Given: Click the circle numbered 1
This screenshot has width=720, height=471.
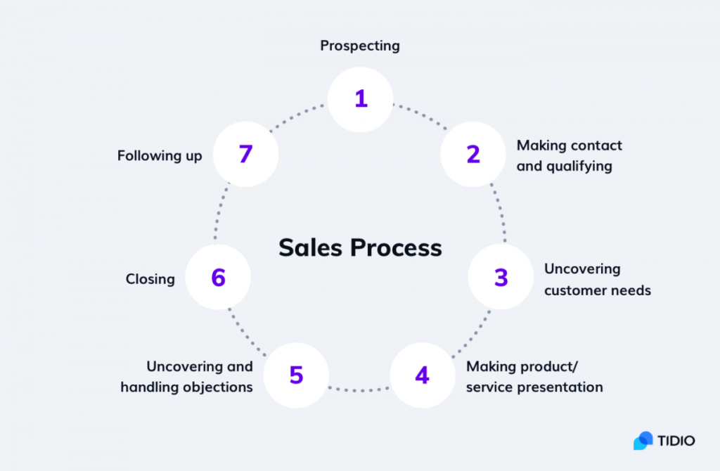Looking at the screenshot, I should point(361,99).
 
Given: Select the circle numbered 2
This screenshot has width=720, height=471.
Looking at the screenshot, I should point(473,155).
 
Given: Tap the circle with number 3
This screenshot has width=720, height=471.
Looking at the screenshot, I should point(501,278).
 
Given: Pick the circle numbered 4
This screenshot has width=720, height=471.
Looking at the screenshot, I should point(422,375).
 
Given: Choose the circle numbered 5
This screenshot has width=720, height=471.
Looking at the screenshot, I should point(296,375).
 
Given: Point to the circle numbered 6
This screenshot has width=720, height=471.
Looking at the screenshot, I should point(218,278).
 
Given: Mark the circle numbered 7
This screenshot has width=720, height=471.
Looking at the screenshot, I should point(245,155).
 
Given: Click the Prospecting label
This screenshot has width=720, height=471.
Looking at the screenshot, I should point(360,46).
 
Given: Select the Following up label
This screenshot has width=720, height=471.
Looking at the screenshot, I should point(160,155).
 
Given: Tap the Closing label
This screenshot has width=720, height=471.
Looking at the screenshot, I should point(150,279).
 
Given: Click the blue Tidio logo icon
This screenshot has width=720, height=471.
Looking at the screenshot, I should point(643,441).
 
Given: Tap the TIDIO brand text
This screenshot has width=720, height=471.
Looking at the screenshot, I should point(676,441).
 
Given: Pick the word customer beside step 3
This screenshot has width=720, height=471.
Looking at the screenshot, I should point(574,290).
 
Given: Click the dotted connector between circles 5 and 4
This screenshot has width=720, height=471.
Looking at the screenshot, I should point(359,389).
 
